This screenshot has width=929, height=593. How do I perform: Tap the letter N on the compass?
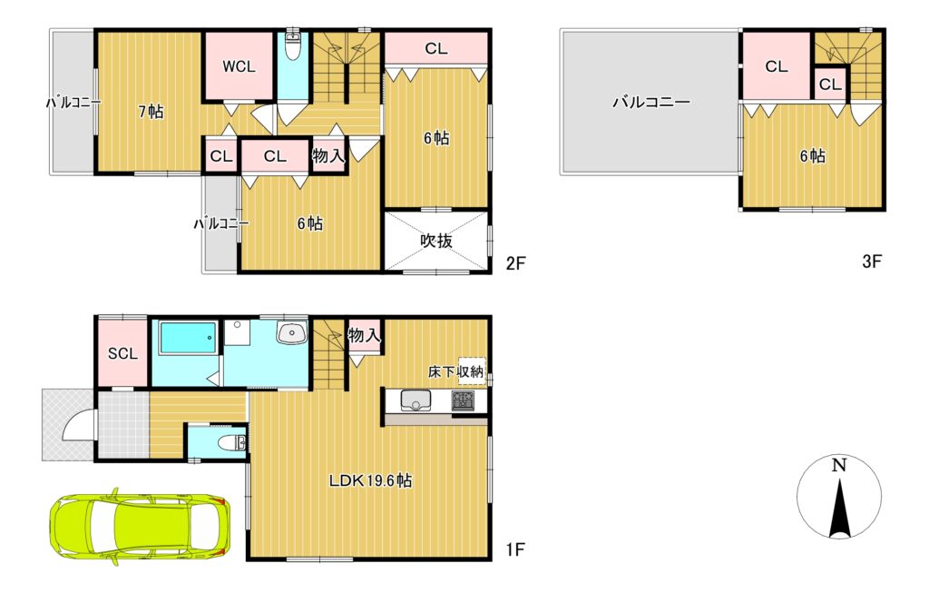pos(838,465)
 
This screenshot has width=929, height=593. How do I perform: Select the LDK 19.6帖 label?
pos(370,480)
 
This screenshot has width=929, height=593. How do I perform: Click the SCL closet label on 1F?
pos(122,354)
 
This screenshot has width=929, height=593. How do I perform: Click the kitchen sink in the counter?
pos(416,401)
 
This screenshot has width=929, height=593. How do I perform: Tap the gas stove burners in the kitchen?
pos(463,401)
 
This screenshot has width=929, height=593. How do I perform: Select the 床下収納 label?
pos(455,371)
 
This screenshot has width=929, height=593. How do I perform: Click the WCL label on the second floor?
pos(239,67)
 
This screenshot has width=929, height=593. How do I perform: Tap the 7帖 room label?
pos(152,112)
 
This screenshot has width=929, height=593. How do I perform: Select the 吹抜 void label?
pos(436,241)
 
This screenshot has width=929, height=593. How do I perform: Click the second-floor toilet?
pos(292,45)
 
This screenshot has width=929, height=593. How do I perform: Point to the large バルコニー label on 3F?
pos(651,102)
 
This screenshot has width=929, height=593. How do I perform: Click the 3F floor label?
pos(872,261)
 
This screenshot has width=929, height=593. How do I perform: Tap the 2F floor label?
pos(515,262)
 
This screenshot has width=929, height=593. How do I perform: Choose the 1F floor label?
pos(515,549)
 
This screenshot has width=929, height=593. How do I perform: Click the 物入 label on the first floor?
pos(364,336)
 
